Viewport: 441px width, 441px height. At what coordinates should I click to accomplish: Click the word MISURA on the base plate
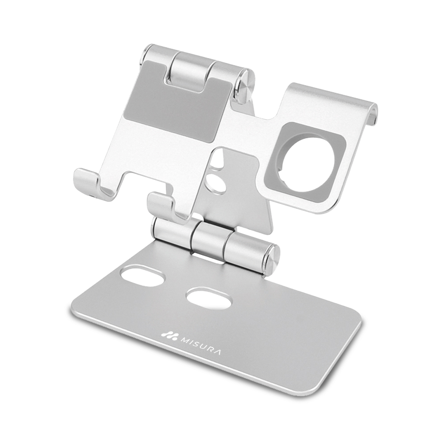click(200, 346)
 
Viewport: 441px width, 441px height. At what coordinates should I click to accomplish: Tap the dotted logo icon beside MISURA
click(169, 336)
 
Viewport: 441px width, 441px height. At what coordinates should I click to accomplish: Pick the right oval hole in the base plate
click(209, 299)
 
